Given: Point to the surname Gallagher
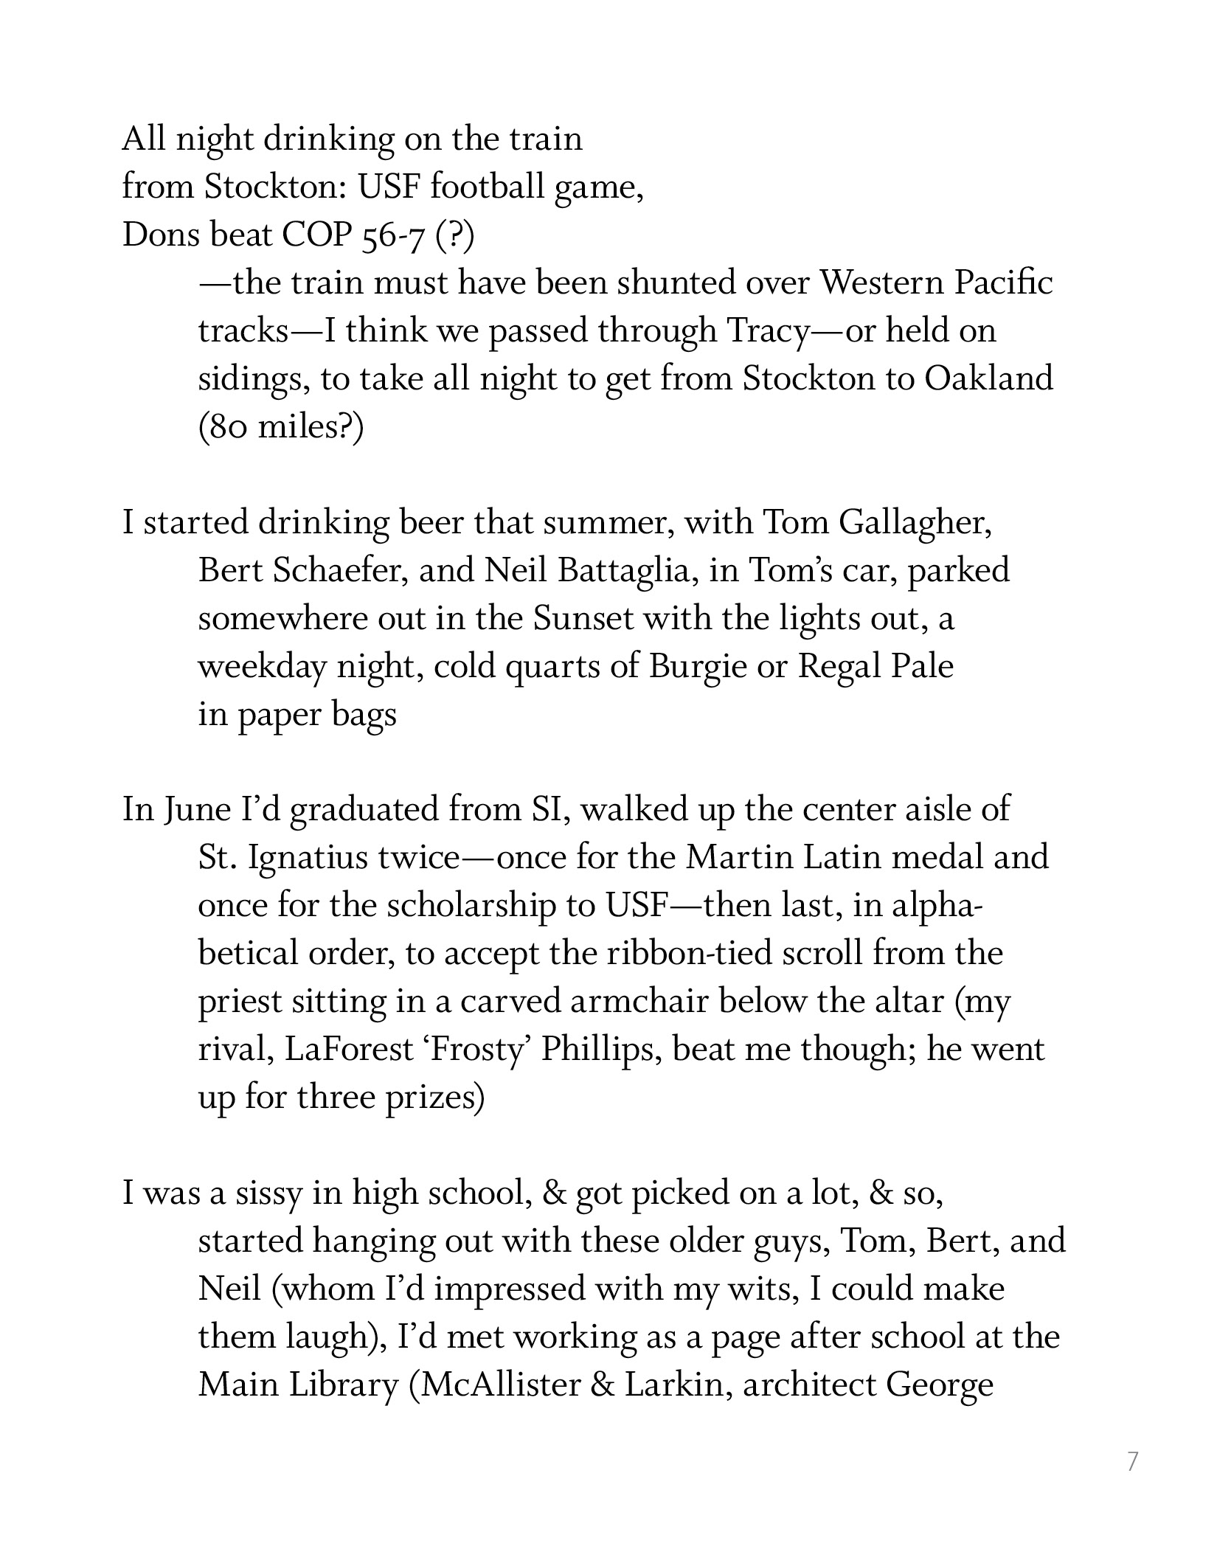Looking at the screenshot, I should click(x=915, y=523).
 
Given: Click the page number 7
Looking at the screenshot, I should click(x=1132, y=1461).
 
